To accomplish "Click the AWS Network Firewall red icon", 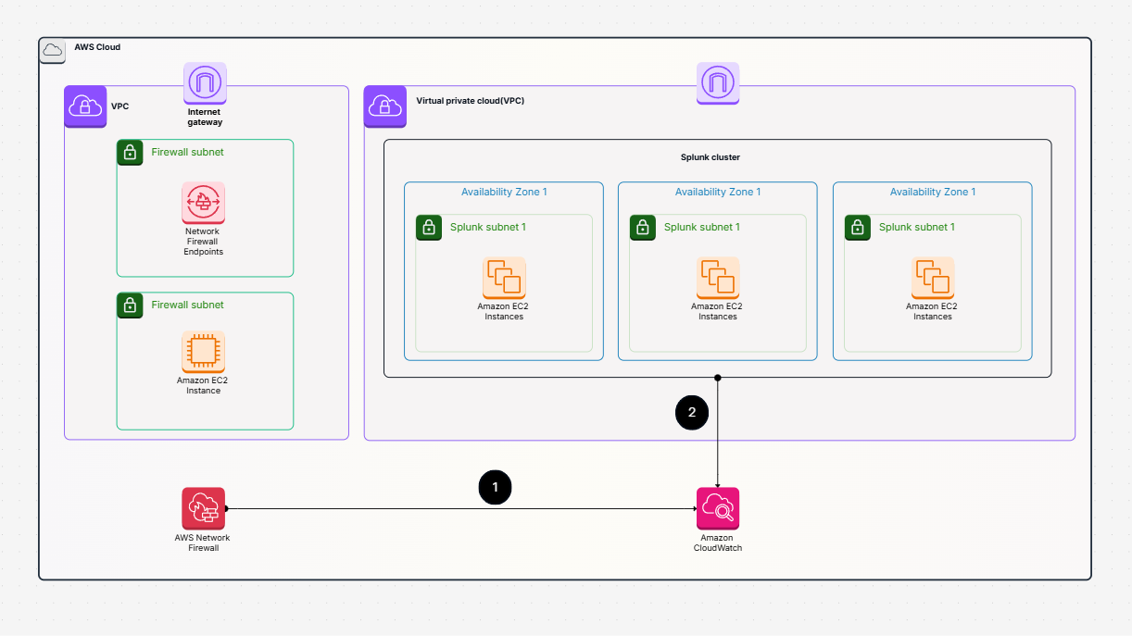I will pos(203,508).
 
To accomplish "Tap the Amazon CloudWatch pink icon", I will pos(717,508).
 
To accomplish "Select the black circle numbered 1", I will pos(495,487).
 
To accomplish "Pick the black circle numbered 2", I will pos(692,413).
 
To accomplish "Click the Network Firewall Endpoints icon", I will pos(203,203).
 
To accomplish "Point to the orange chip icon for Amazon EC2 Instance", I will pos(203,352).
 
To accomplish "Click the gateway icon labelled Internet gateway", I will pos(205,83).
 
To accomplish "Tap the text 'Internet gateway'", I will pos(205,117).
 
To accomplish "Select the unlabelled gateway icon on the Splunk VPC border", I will pos(717,83).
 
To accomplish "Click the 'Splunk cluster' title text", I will pos(717,157).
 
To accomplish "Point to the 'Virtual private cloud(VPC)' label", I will pos(470,100).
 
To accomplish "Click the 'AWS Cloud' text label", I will pos(97,47).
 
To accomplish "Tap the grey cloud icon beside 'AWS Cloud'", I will pos(53,50).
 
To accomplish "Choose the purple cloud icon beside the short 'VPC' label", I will pos(85,106).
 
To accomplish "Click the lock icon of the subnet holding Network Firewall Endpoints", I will pos(130,153).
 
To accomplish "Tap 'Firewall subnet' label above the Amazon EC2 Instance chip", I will pos(187,305).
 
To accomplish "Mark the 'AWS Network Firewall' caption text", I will pos(202,542).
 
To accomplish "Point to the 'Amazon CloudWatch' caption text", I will pos(717,542).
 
